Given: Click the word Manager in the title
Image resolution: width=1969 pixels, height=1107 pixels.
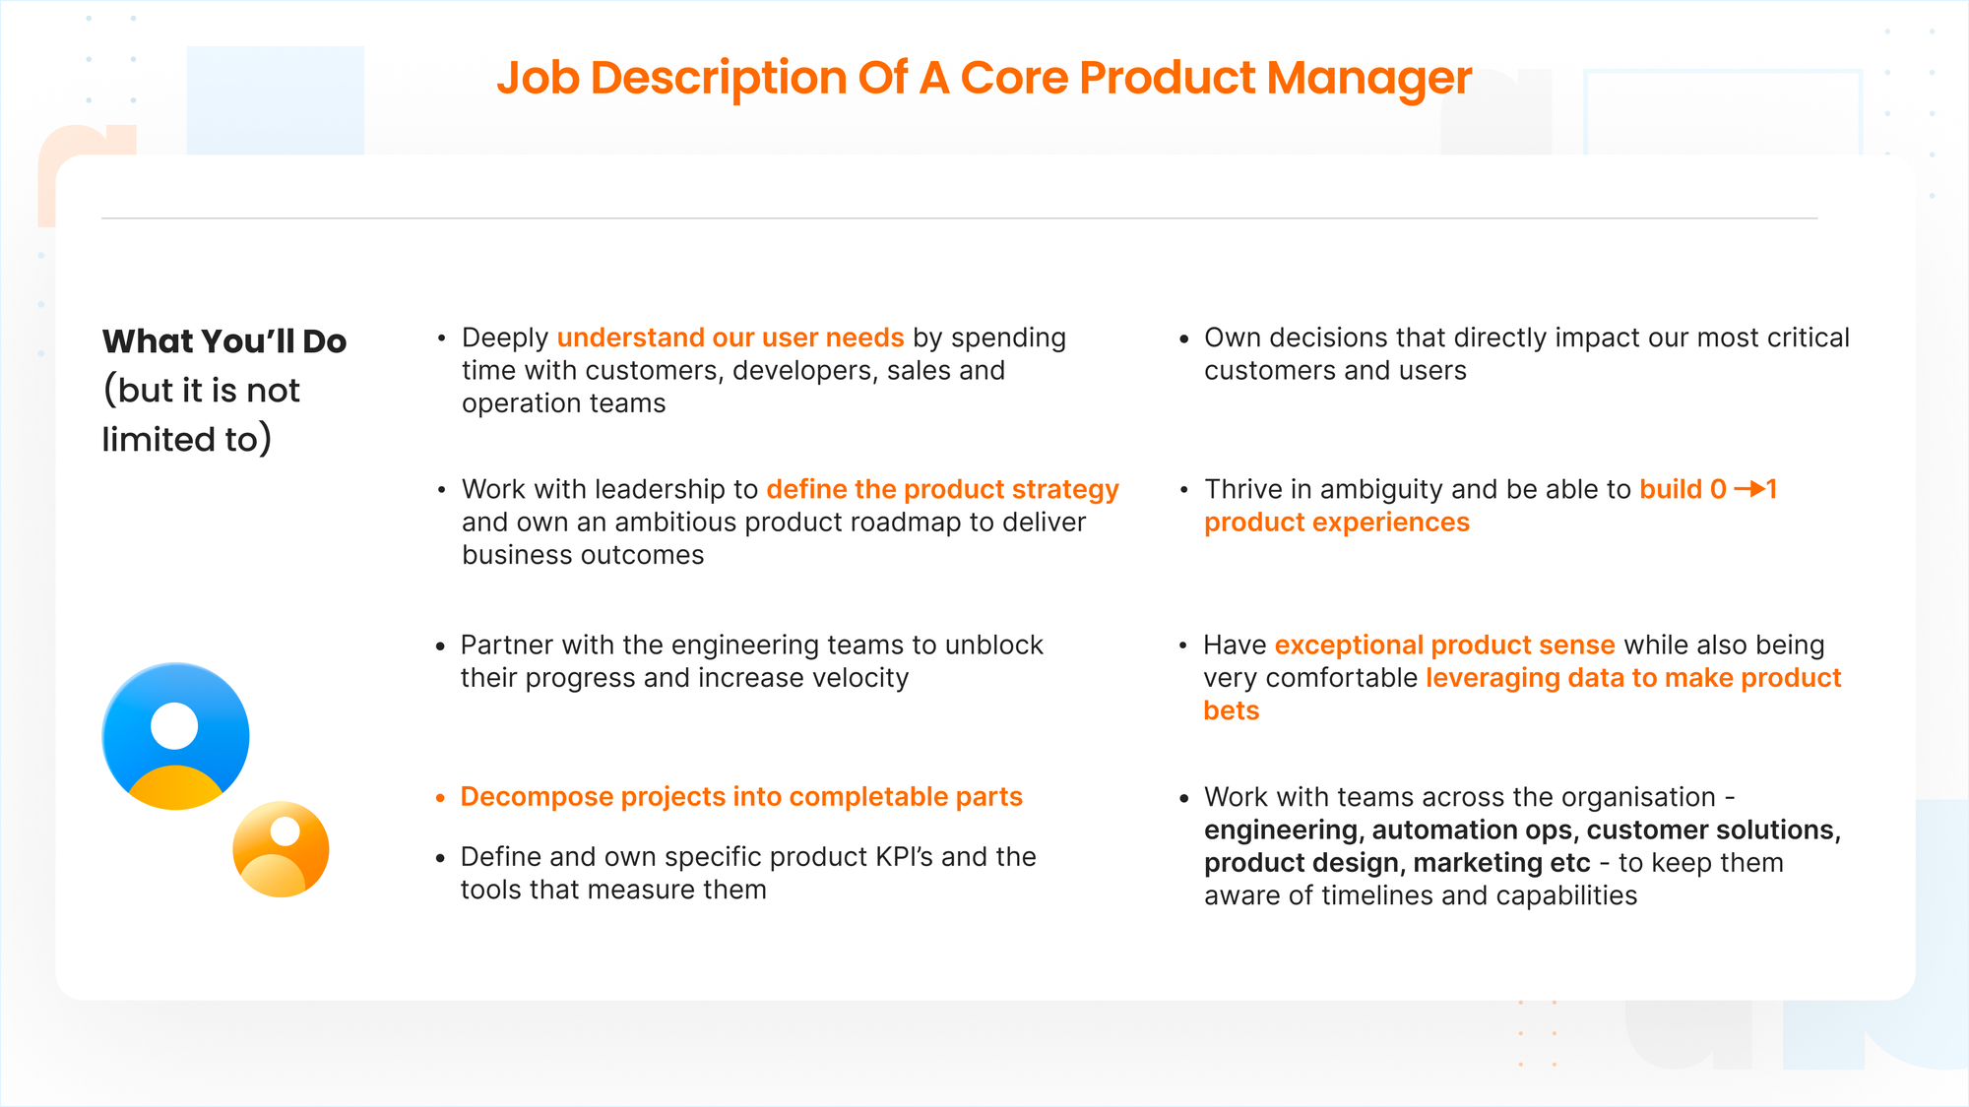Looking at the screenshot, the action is tap(1369, 79).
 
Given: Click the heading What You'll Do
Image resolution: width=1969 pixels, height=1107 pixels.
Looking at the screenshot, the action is tap(224, 341).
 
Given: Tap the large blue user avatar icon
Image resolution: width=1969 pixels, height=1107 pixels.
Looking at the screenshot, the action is tap(175, 736).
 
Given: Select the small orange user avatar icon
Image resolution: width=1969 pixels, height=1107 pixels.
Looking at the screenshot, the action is tap(281, 849).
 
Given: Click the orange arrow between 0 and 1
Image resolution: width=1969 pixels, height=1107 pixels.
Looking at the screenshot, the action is tap(1748, 489).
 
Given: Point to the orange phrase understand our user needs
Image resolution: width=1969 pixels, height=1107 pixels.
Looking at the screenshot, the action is tap(730, 338).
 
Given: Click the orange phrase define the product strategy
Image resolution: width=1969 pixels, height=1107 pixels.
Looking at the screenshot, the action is tap(942, 489).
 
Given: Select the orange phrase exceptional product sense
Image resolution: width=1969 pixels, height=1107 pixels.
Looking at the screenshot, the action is tap(1444, 645).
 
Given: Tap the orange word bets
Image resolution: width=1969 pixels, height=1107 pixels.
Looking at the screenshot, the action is tap(1231, 710).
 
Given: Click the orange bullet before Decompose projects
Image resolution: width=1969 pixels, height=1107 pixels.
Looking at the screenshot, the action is tap(440, 798).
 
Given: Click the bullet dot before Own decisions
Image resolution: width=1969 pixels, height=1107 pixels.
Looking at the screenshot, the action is tap(1183, 339).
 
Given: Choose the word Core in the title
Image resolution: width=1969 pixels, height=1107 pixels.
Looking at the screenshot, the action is tap(1014, 79).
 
